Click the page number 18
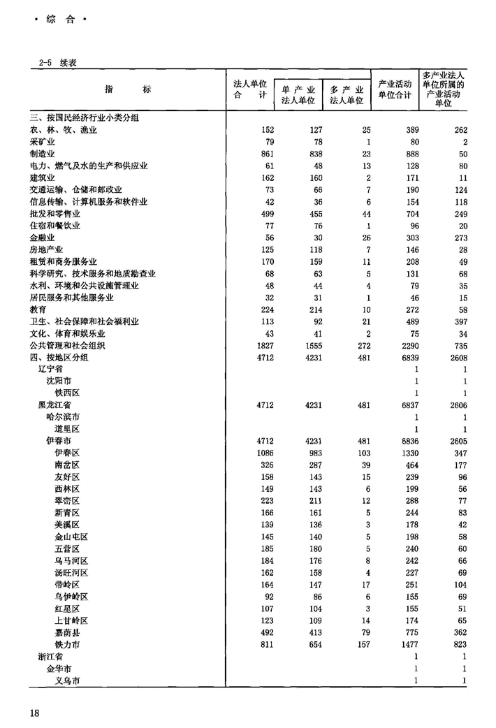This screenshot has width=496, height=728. (x=36, y=712)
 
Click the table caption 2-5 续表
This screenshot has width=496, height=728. (x=58, y=62)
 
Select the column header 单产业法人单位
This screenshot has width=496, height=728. (x=298, y=95)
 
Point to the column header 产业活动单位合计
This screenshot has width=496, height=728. (x=394, y=89)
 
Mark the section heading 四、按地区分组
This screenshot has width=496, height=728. (x=59, y=357)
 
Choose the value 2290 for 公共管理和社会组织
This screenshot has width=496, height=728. (x=407, y=345)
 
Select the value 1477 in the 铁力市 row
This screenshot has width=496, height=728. (x=407, y=643)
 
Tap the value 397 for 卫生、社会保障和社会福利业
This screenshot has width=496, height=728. (x=458, y=321)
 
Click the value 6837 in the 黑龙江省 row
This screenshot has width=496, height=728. (x=407, y=405)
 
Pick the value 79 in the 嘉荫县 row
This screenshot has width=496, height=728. (x=363, y=632)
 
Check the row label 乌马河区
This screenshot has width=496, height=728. (x=71, y=560)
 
